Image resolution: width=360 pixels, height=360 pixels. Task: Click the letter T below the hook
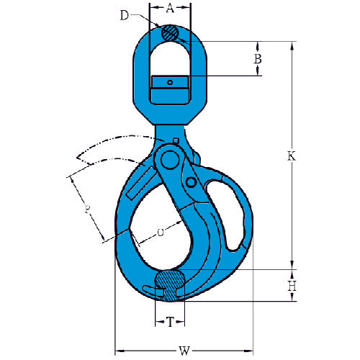pyautogui.click(x=171, y=323)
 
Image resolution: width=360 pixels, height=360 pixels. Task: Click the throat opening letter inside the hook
pyautogui.click(x=160, y=233)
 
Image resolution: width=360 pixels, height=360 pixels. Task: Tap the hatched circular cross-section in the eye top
pyautogui.click(x=170, y=33)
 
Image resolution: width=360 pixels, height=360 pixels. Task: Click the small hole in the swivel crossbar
pyautogui.click(x=170, y=83)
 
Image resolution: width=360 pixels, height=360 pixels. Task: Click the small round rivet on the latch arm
pyautogui.click(x=192, y=183)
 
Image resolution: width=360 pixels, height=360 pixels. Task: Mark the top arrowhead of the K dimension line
pyautogui.click(x=292, y=45)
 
